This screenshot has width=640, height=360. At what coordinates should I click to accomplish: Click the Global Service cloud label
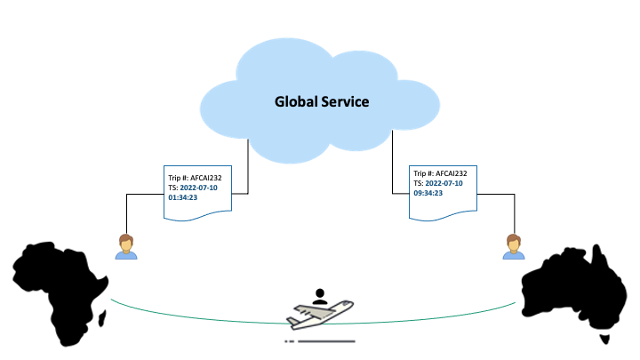320,102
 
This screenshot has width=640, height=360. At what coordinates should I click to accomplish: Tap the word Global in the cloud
295,102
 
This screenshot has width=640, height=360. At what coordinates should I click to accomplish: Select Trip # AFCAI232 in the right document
440,172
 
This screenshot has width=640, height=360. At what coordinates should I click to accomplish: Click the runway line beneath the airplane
324,340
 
